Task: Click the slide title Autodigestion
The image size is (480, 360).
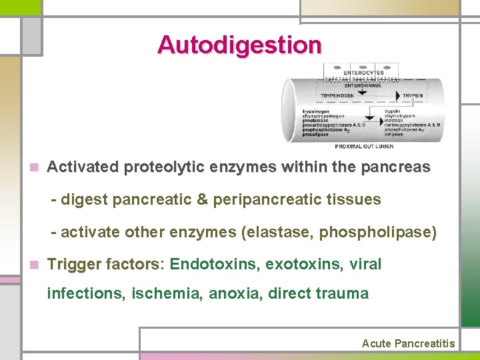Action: [x=240, y=45]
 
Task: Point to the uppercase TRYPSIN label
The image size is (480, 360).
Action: [x=412, y=95]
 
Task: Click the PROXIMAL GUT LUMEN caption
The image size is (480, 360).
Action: [x=364, y=146]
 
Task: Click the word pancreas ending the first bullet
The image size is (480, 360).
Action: [x=398, y=167]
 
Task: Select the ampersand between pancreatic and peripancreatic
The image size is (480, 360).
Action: [x=199, y=199]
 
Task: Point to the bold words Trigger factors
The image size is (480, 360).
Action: [x=103, y=265]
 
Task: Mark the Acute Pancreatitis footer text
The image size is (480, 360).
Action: [x=408, y=343]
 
